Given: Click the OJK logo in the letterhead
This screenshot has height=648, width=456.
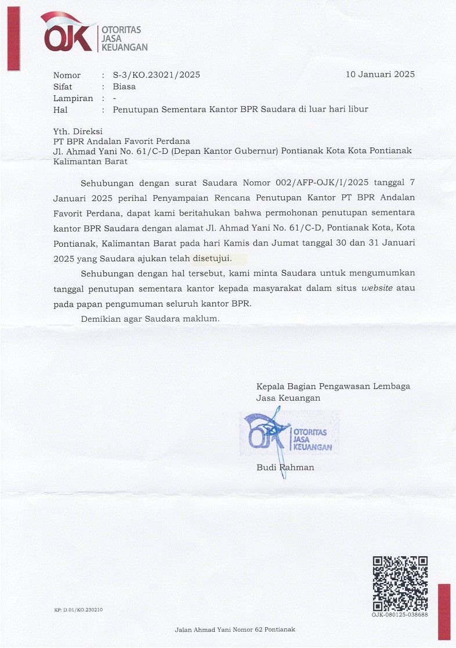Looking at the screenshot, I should click(68, 34).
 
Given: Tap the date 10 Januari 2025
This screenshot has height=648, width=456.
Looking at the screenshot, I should click(380, 74).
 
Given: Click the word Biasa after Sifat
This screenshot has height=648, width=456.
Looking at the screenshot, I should click(124, 87).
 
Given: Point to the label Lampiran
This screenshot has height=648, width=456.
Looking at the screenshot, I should click(73, 98).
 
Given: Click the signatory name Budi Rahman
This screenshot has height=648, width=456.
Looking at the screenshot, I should click(285, 467).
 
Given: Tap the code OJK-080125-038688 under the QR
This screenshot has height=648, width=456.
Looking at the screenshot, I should click(400, 614).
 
